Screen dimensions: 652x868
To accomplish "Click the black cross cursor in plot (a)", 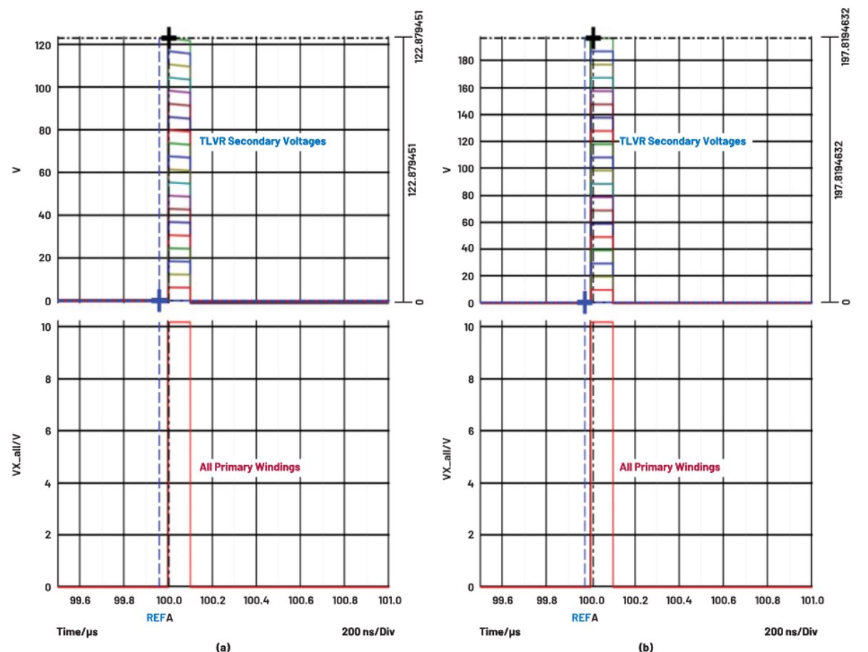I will (168, 37).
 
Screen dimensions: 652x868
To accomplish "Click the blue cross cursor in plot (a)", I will (159, 301).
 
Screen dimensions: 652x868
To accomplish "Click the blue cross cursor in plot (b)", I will (585, 302).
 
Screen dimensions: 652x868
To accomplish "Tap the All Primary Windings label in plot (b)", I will (669, 467).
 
